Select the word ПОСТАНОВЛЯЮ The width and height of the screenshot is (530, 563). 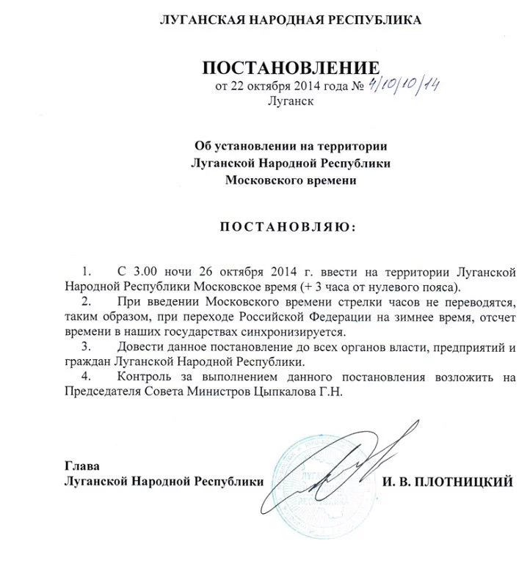point(287,227)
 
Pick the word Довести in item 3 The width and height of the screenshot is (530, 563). point(143,347)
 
